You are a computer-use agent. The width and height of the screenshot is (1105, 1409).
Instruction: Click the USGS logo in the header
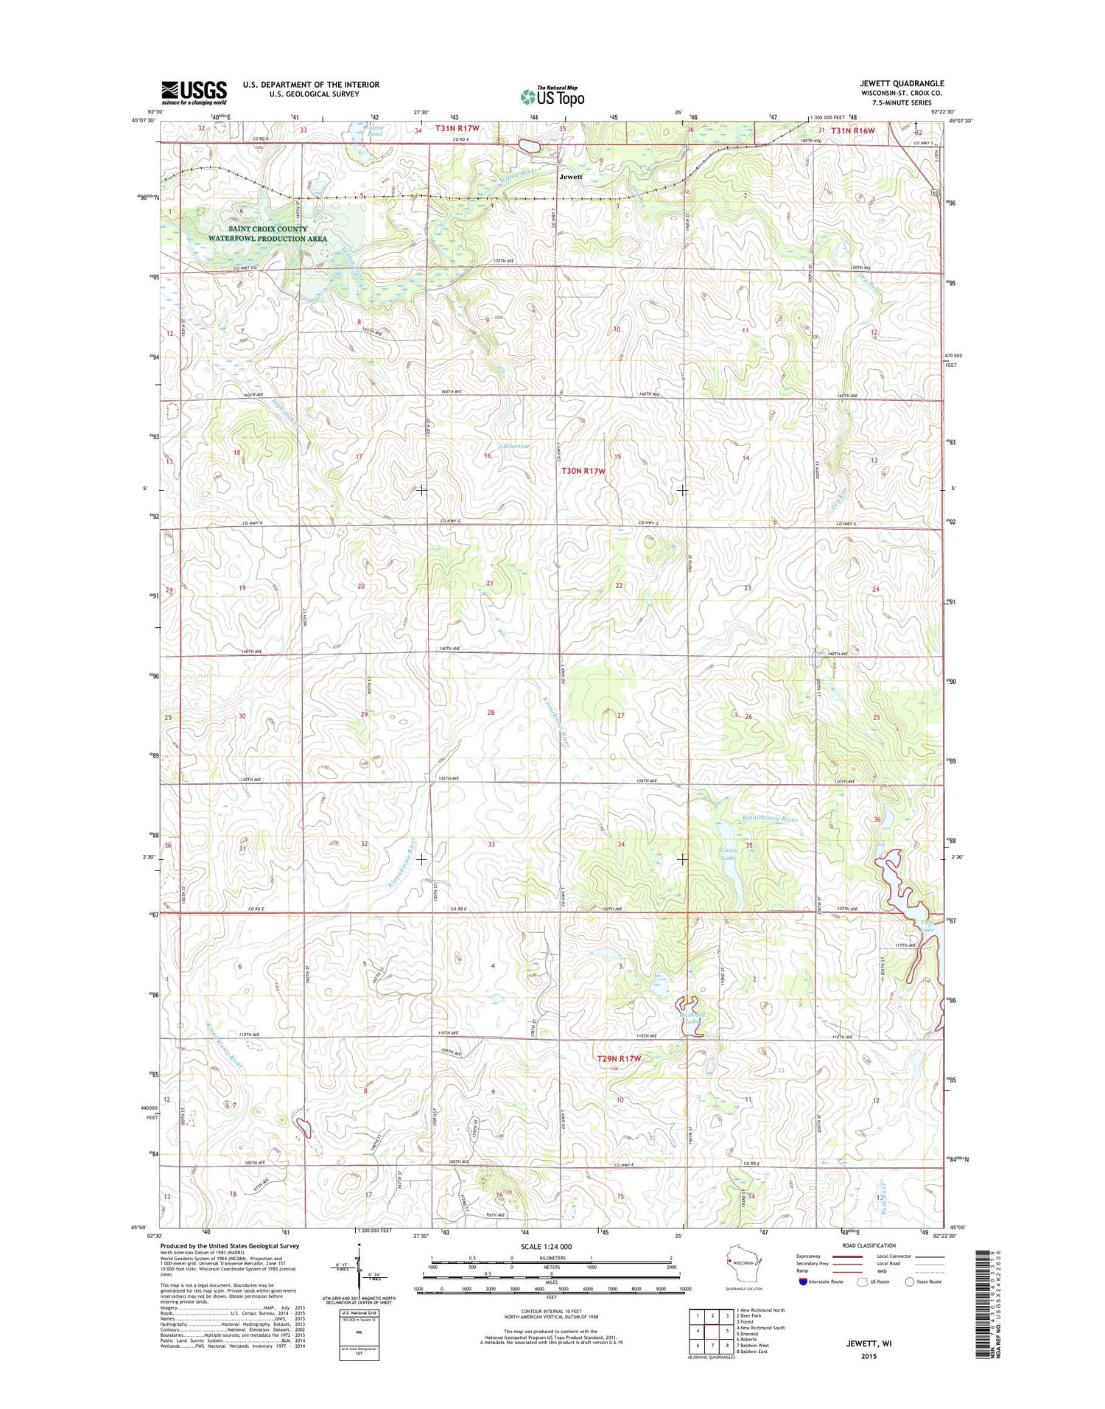coord(194,91)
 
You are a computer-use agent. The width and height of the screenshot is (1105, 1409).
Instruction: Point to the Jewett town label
coord(570,177)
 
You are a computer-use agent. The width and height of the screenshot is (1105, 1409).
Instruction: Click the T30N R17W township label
coord(583,470)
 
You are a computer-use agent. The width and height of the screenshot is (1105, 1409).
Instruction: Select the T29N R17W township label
coord(619,1058)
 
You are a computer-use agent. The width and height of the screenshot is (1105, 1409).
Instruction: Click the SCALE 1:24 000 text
coord(551,1246)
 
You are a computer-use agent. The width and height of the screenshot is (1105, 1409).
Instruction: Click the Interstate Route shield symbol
coord(803,1282)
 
